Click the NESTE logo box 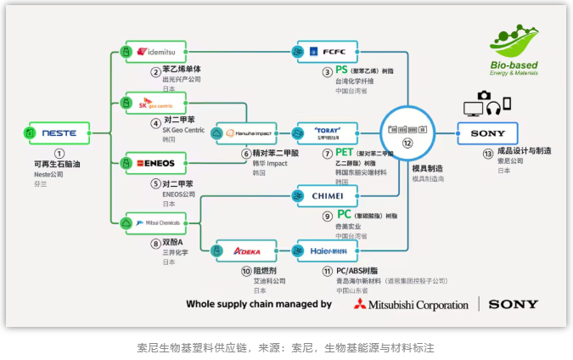pos(59,133)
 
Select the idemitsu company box pos(154,51)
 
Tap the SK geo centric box pos(154,105)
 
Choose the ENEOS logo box pos(154,161)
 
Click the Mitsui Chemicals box pos(154,222)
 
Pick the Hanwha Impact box pos(247,133)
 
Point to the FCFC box pos(326,51)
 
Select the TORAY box pos(326,133)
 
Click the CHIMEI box pos(326,195)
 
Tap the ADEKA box pos(246,251)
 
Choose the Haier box pos(326,251)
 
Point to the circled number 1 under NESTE pos(59,153)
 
